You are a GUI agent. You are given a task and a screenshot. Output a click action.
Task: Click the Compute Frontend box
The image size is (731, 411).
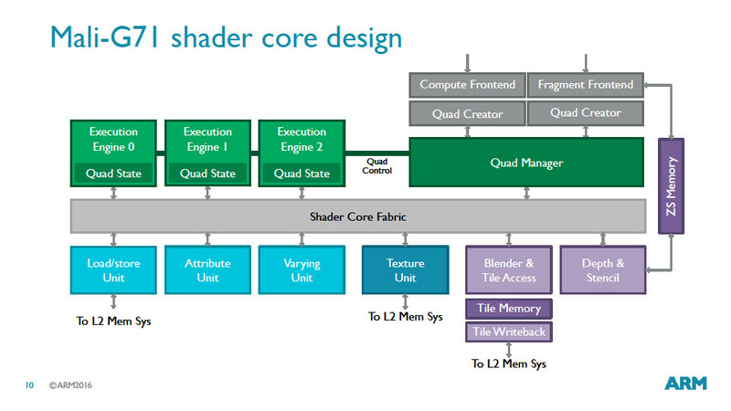[467, 85]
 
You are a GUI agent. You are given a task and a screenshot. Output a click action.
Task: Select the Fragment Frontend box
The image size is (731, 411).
[586, 85]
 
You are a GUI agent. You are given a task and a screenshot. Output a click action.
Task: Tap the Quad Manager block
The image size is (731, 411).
[525, 163]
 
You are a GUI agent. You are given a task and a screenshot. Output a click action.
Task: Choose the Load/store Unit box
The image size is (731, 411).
[114, 270]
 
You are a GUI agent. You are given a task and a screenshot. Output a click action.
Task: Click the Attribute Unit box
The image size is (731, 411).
[207, 270]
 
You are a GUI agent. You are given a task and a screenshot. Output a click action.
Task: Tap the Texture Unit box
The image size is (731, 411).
[405, 270]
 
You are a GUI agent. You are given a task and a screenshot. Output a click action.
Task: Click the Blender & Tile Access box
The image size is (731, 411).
[509, 270]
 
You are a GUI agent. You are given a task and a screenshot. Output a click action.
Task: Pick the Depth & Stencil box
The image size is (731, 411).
[603, 270]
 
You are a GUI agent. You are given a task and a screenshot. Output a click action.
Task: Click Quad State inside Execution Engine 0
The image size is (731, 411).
[114, 174]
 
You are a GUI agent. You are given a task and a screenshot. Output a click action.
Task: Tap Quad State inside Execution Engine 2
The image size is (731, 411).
[302, 174]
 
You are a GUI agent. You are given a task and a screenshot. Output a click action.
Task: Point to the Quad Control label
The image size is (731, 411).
[377, 166]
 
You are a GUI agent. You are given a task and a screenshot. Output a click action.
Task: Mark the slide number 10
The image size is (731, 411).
[29, 385]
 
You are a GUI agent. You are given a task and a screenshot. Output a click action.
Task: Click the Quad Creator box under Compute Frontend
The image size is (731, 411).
[467, 113]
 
